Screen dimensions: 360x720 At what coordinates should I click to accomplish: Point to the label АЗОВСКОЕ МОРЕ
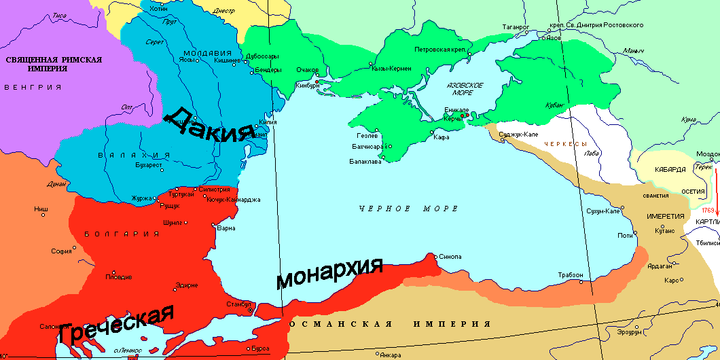click(465, 88)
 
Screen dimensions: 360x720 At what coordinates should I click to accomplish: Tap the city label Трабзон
click(570, 274)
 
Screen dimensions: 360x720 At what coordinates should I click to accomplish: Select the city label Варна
click(226, 228)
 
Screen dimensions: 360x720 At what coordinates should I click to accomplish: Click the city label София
click(62, 251)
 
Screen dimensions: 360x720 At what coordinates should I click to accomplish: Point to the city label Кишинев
click(228, 60)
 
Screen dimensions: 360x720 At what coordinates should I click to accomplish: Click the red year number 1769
click(708, 211)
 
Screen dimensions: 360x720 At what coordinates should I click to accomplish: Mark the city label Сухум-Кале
click(602, 211)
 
